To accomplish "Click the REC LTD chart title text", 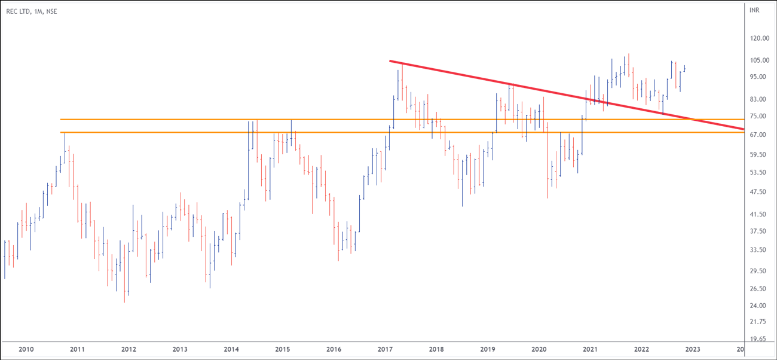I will coord(31,11).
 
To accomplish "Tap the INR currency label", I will coord(754,11).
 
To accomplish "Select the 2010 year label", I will coord(26,349).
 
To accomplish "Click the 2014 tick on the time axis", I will coord(231,349).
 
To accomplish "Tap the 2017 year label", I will coord(386,349).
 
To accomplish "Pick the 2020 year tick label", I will coord(539,349).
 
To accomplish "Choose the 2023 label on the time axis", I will coord(693,349).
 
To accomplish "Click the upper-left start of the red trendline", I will coord(390,60).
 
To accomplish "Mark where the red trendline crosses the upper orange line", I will coord(692,120).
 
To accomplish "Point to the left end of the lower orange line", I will coord(61,132).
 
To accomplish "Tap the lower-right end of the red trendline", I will coord(744,129).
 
